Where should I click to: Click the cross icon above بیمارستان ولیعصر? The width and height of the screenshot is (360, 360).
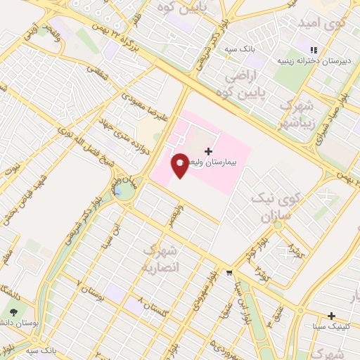[208, 151]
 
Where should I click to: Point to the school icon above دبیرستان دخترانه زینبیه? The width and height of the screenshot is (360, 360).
[314, 49]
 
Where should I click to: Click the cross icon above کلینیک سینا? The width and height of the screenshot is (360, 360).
[332, 316]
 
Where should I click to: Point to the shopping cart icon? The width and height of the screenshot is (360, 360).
[229, 272]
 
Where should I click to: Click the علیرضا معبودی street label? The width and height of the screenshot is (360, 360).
[144, 106]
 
